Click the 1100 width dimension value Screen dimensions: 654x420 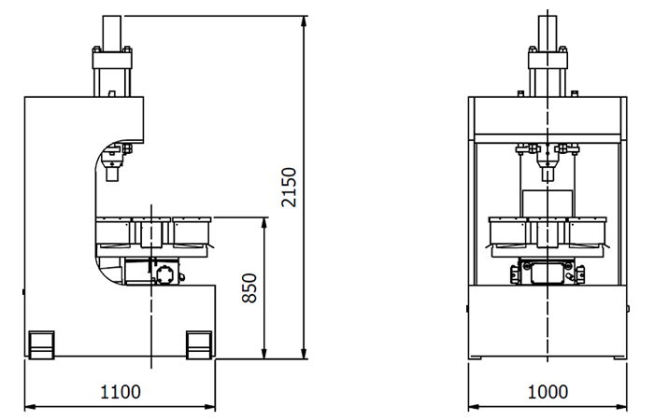point(121,392)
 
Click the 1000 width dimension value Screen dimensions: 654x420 point(547,392)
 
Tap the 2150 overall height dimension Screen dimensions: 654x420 point(289,187)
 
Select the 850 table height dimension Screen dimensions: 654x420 point(249,287)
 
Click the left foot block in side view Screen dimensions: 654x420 point(41,345)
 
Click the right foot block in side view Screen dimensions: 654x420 point(198,345)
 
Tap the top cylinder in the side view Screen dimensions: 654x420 point(112,32)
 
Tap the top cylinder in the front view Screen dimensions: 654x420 point(547,32)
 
